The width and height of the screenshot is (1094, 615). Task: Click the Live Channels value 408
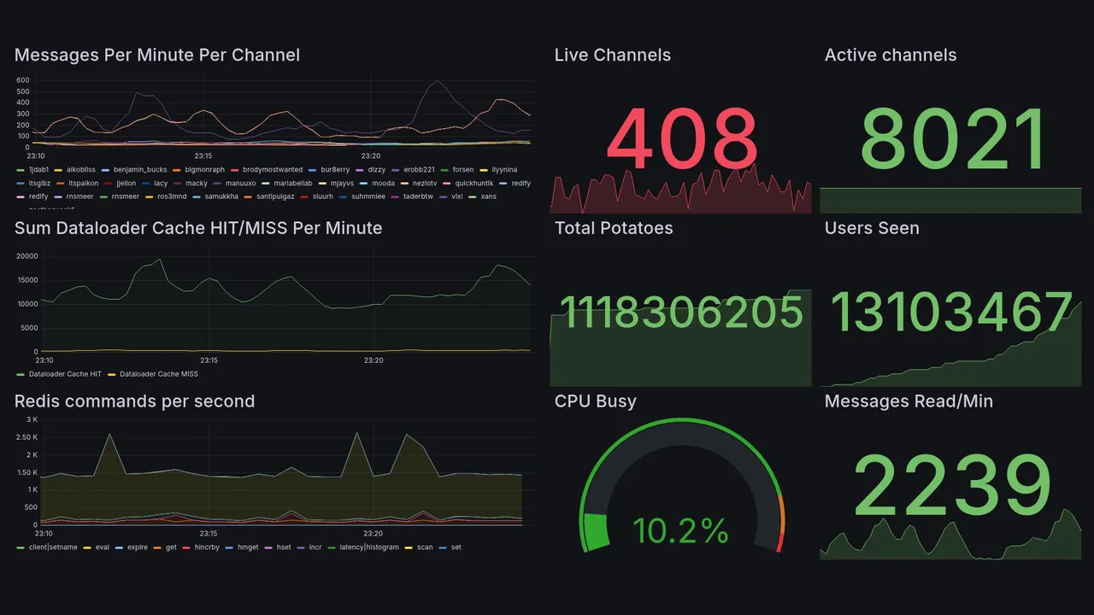[682, 138]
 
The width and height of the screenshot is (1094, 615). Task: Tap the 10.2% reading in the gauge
[680, 531]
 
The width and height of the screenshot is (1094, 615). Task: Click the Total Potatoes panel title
[613, 228]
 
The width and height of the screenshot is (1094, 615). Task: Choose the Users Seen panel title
[871, 228]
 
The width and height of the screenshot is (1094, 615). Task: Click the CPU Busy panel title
[595, 401]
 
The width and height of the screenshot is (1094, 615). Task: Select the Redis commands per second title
[134, 401]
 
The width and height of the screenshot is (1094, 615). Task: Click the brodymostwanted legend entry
[267, 170]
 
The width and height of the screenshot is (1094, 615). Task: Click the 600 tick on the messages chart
[23, 80]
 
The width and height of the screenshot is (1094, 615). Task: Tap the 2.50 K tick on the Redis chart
[26, 437]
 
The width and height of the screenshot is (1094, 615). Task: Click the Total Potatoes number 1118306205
[680, 312]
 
